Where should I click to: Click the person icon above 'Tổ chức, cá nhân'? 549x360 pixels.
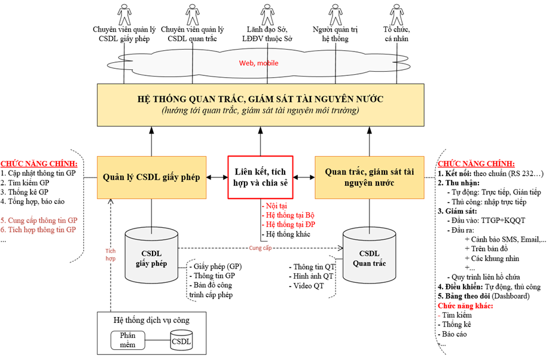point(396,13)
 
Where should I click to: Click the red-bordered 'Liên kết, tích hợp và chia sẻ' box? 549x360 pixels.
point(260,177)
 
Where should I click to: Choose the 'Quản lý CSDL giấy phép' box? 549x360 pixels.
point(152,177)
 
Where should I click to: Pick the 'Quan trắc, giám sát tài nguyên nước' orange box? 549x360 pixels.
point(368,177)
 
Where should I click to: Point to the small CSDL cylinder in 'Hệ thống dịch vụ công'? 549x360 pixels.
point(181,340)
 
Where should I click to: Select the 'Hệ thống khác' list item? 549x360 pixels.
point(286,234)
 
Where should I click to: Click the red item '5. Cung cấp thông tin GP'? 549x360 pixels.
point(39,219)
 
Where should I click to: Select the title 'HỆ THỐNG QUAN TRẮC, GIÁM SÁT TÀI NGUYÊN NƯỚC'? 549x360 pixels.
point(260,99)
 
